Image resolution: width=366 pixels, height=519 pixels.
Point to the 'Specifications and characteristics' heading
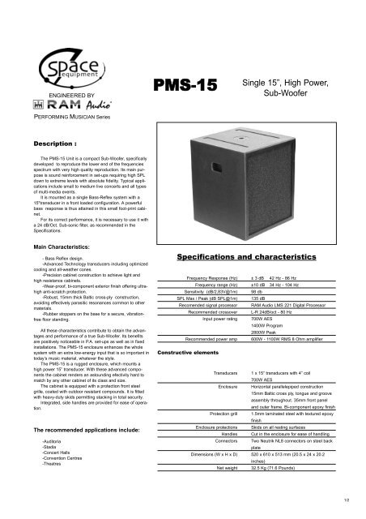(250, 277)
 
